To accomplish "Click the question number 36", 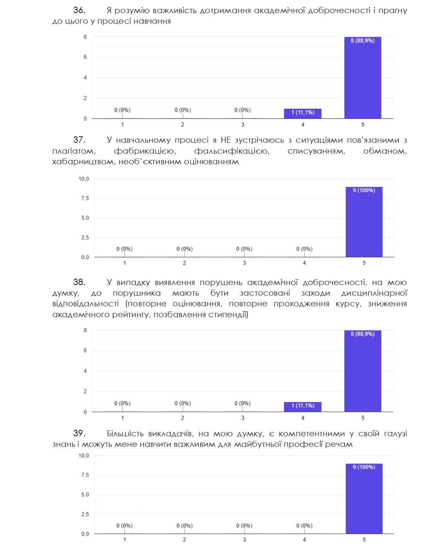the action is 79,10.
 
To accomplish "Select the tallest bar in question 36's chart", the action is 363,78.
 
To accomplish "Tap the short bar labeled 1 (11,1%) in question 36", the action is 302,113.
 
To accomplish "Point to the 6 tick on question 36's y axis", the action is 85,57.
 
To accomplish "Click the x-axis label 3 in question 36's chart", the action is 243,125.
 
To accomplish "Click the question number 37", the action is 79,140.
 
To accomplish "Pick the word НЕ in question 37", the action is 226,140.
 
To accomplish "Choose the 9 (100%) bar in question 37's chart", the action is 364,222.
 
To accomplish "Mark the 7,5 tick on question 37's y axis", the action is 85,198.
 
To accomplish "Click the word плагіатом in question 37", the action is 74,151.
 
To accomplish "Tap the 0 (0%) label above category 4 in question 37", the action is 304,249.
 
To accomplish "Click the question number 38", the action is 79,282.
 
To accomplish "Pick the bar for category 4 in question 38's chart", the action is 302,407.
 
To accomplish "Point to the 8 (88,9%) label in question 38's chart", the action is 363,334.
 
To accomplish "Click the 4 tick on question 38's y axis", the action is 85,371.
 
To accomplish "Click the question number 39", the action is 79,433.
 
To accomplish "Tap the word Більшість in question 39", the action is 125,433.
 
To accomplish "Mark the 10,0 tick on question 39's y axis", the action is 84,456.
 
